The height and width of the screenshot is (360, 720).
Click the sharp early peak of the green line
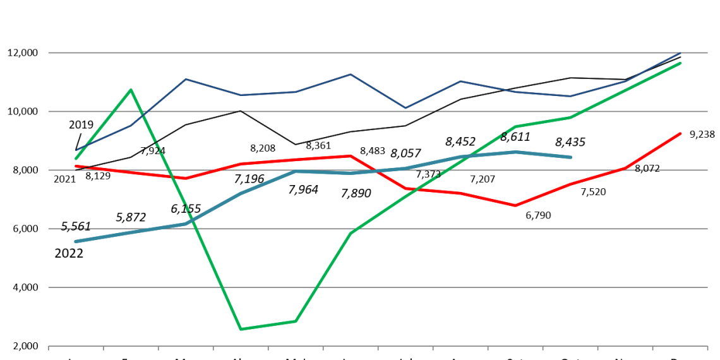click(x=131, y=90)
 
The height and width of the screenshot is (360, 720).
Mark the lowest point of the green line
click(x=241, y=329)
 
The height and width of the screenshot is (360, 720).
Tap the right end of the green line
click(x=681, y=63)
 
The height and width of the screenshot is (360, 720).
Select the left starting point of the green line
click(x=76, y=159)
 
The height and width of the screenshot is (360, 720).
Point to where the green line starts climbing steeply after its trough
click(x=296, y=321)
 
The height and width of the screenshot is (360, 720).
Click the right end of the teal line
click(x=571, y=157)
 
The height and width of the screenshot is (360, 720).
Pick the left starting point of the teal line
click(x=76, y=241)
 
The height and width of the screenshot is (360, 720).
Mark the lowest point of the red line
click(x=515, y=205)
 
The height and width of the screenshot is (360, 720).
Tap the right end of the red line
click(x=681, y=133)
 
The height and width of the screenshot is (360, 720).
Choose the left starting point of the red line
click(x=76, y=165)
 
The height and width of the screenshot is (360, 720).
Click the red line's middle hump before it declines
click(x=351, y=155)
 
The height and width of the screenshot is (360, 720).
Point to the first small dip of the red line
click(x=186, y=178)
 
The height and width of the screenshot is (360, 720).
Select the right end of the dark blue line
click(x=681, y=52)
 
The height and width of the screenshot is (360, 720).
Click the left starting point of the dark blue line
click(x=76, y=150)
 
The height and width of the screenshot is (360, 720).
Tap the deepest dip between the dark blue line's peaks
click(x=405, y=108)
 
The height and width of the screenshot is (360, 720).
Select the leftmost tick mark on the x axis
click(x=49, y=347)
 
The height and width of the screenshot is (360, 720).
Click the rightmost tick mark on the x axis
click(x=707, y=347)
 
